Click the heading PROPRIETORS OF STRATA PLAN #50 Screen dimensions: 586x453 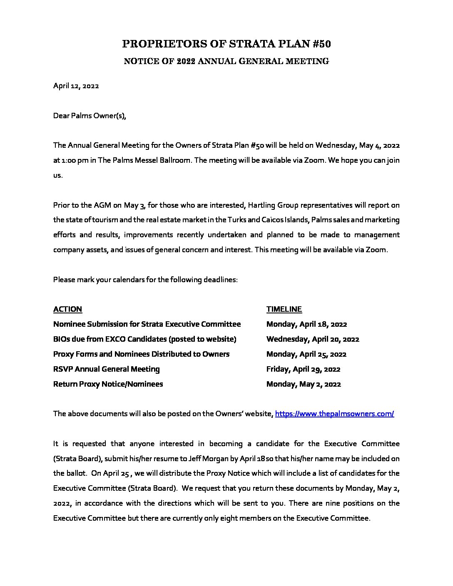(x=226, y=44)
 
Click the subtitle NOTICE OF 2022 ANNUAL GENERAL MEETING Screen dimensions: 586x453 (x=226, y=62)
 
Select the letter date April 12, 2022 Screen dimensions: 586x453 (x=76, y=86)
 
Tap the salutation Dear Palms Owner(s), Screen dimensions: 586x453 (x=90, y=116)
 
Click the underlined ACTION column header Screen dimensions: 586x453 (x=67, y=309)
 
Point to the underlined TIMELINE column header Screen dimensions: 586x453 (x=284, y=309)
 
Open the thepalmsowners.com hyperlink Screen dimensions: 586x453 (x=334, y=414)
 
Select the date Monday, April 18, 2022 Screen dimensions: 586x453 (x=306, y=324)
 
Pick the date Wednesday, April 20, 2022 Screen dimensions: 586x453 (x=313, y=339)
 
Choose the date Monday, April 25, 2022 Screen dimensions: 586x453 (x=306, y=354)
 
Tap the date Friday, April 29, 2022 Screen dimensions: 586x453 (x=303, y=369)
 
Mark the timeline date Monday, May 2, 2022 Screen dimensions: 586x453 (x=304, y=384)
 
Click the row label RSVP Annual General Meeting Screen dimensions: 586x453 (x=106, y=369)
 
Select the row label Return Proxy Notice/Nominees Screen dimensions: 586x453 (x=108, y=384)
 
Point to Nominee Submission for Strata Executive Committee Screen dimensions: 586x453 (x=147, y=324)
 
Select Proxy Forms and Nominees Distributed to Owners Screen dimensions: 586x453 (x=141, y=354)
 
